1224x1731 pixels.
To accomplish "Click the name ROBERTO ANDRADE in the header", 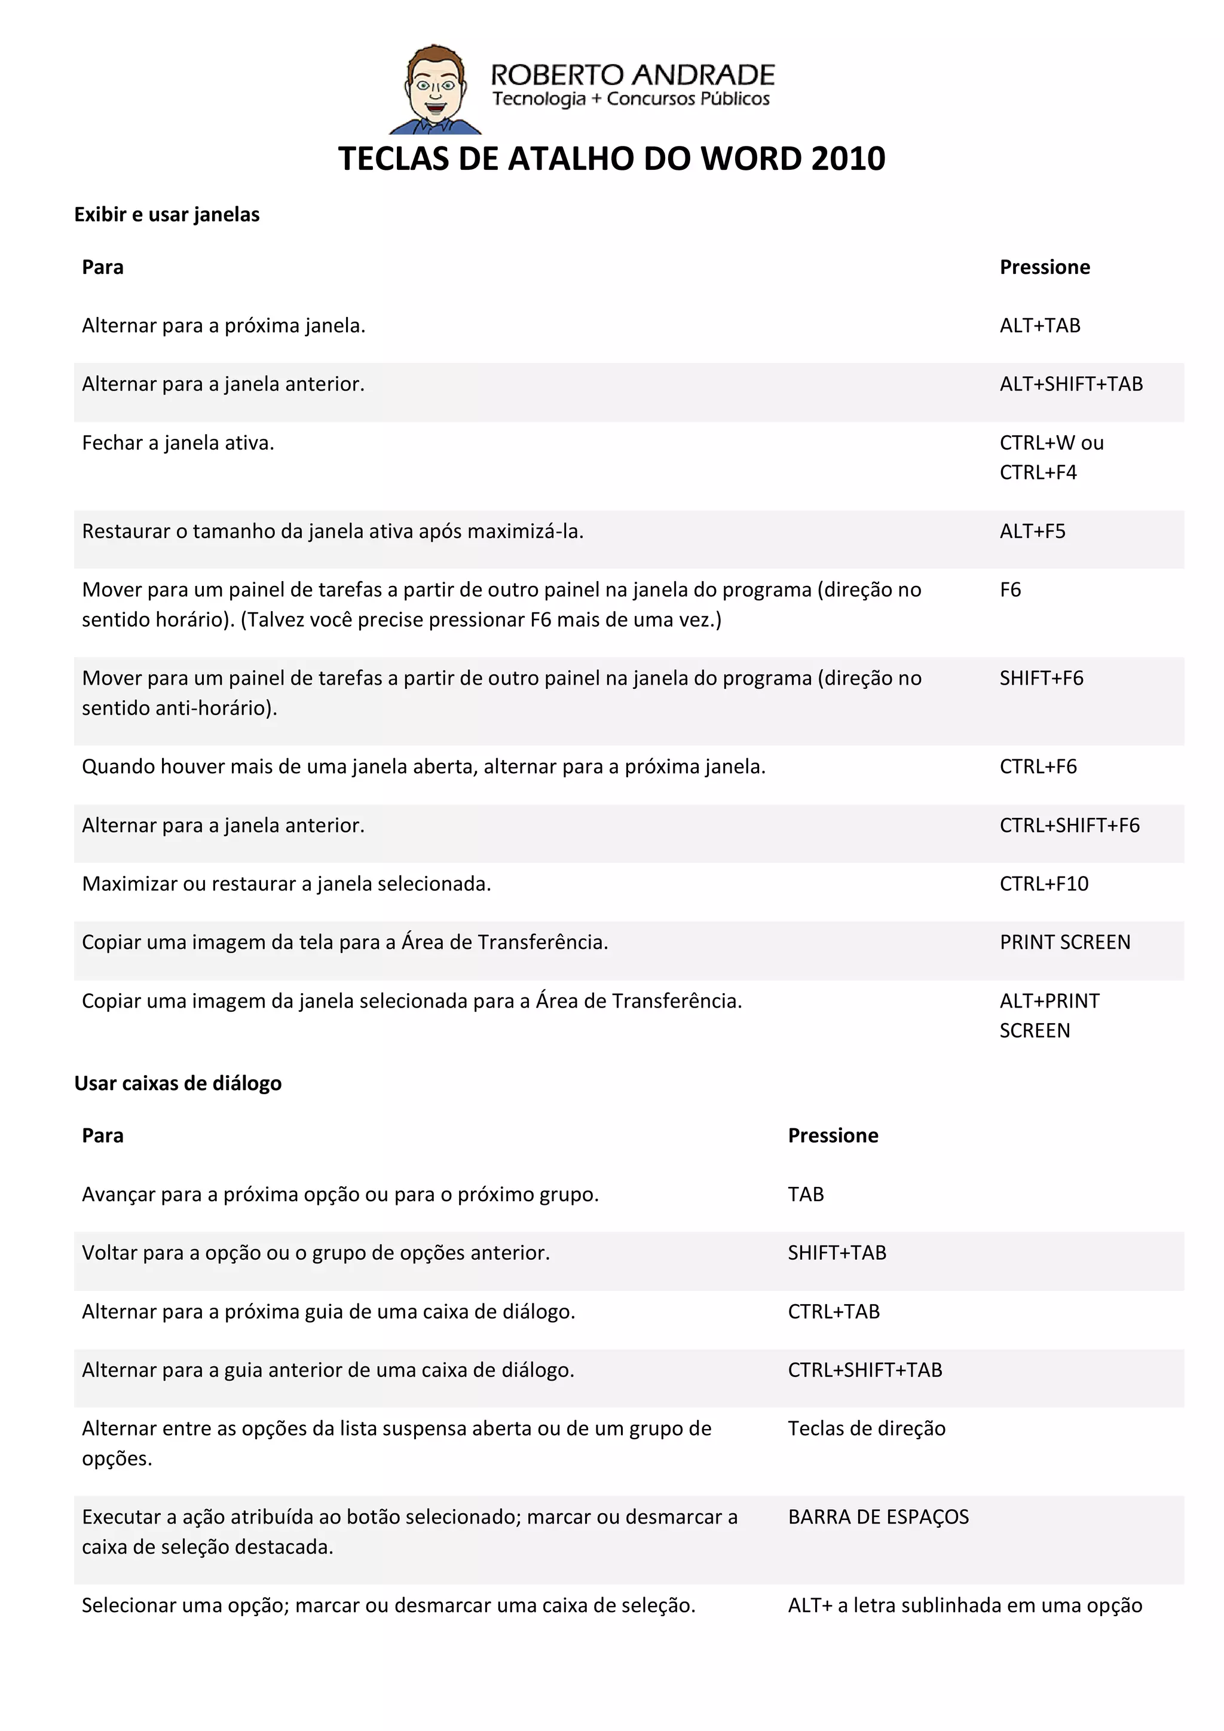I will (x=632, y=75).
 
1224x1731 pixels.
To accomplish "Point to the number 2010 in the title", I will (x=848, y=159).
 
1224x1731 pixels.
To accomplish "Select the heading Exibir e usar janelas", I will (x=167, y=215).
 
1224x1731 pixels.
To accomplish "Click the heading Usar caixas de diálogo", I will (x=178, y=1083).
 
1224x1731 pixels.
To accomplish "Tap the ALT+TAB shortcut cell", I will (x=1039, y=326).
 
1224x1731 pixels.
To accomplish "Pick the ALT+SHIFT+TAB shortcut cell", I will (x=1070, y=384).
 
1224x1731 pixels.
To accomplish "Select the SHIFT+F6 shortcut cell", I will (x=1041, y=679).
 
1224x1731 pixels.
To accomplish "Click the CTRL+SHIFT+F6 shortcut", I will (x=1069, y=826).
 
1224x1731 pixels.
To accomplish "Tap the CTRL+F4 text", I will (x=1038, y=473).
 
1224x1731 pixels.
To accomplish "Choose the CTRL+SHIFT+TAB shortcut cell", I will (x=864, y=1370).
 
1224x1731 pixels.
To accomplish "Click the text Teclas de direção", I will (x=866, y=1428).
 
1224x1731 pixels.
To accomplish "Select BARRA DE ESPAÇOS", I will (x=878, y=1517).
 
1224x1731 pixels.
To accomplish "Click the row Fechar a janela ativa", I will (x=178, y=443).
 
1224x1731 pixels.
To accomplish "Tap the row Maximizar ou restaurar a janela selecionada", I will (x=286, y=884).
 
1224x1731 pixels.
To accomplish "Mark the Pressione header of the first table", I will (x=1045, y=268).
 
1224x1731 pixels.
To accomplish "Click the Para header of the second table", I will (x=103, y=1136).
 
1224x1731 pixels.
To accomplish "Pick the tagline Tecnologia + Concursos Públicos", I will (x=631, y=99).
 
